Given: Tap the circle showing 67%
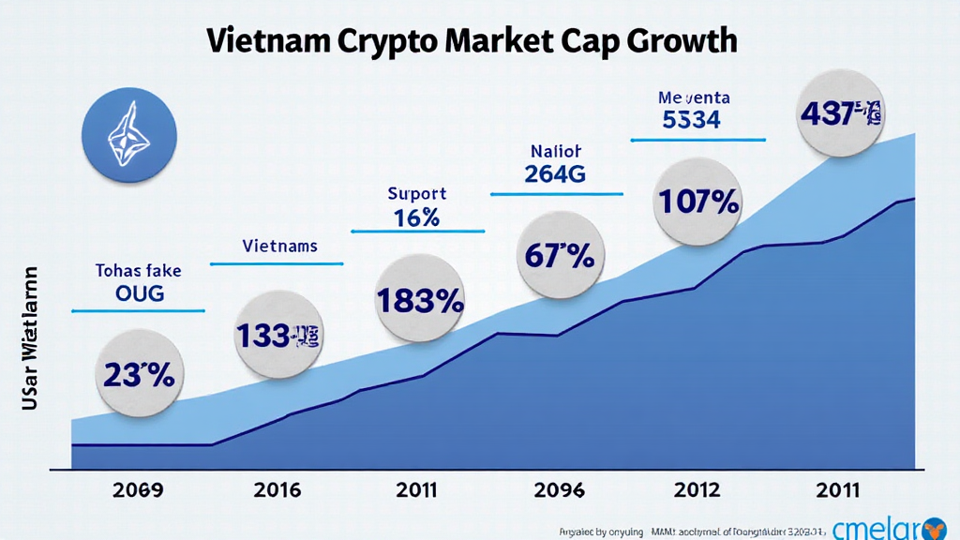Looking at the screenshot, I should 560,254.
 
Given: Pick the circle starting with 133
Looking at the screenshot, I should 277,335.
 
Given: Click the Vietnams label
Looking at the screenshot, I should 279,247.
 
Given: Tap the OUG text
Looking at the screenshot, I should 138,293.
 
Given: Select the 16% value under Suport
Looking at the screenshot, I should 417,217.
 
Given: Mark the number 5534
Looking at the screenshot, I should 690,121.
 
